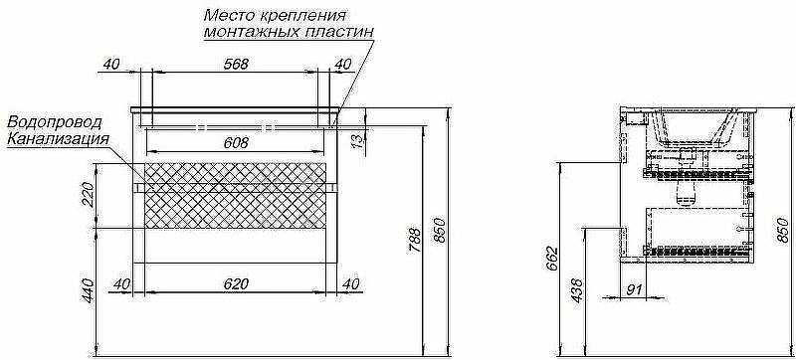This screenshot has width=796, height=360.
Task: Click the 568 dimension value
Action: (x=234, y=64)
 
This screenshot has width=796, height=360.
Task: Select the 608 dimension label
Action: (x=235, y=143)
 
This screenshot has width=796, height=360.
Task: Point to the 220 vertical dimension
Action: (x=88, y=195)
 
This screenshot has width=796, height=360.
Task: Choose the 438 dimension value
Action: (x=575, y=289)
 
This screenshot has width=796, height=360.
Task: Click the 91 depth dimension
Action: (x=634, y=289)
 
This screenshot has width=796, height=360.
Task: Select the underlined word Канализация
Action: (x=57, y=139)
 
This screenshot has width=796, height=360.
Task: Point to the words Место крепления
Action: (x=276, y=16)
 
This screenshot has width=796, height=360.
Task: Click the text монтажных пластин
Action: (x=289, y=32)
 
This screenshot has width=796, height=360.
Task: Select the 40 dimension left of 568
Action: (x=110, y=64)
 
